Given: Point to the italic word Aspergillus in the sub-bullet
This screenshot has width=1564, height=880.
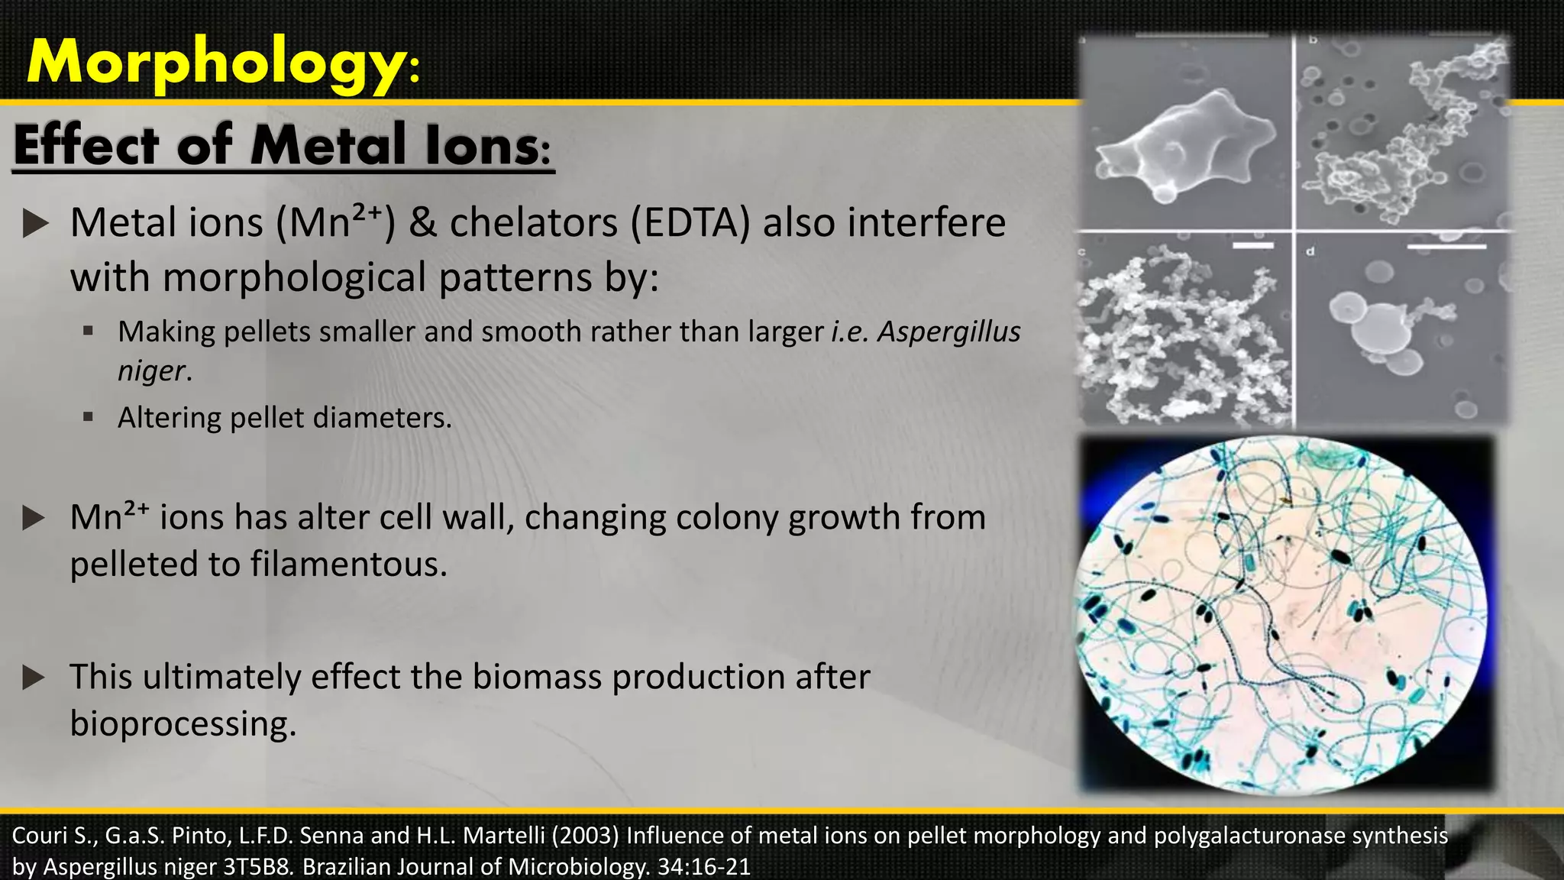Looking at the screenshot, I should (948, 332).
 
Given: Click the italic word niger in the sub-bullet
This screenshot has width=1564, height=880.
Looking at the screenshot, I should (151, 370).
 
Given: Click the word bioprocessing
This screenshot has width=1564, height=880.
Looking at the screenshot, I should (183, 723).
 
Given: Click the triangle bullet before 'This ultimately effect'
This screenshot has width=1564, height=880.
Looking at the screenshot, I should (34, 678).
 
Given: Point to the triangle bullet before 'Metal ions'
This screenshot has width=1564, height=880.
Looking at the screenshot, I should (35, 224).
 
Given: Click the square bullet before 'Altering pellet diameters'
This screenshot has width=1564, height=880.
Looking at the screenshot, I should (89, 417).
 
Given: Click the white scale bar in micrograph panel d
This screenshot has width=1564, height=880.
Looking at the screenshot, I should (1446, 247).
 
